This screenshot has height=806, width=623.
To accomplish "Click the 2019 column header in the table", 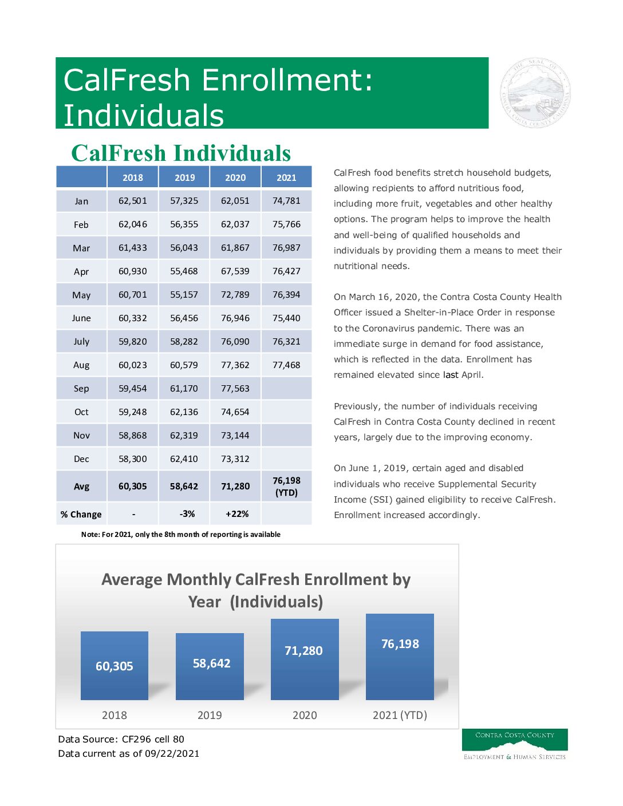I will [184, 177].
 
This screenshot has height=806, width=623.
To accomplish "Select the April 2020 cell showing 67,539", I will [235, 271].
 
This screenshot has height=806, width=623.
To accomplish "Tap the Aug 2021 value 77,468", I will [286, 365].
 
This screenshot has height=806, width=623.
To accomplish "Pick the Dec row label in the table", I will [81, 459].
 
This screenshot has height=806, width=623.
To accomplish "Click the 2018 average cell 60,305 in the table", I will [132, 487].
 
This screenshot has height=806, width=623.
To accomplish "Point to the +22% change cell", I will [236, 514].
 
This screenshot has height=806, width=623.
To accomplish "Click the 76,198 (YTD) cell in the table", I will [286, 487].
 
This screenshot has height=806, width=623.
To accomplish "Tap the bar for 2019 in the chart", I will [210, 666].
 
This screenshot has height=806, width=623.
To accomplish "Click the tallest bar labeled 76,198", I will [400, 657].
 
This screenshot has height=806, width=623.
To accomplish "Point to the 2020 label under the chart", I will [305, 715].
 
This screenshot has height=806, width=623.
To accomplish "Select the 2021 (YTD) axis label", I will [400, 715].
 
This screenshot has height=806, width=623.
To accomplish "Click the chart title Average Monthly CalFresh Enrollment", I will [256, 590].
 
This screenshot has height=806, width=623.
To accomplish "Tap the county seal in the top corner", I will [535, 93].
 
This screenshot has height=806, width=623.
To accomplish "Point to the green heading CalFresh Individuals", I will [181, 153].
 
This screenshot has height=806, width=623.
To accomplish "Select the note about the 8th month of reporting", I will [181, 535].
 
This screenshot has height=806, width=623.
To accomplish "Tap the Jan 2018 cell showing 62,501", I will [132, 201].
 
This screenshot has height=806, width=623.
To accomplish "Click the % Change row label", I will [81, 515].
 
